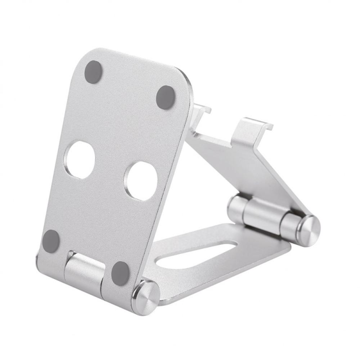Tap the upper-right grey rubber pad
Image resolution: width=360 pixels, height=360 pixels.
coord(166,97)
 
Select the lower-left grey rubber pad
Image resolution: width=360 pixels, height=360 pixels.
coord(51,240)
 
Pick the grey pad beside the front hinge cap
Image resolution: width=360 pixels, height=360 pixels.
coord(120,273)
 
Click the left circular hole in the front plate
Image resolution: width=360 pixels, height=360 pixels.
coord(81,160)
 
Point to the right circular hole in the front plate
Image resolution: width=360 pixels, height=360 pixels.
coord(140,181)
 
